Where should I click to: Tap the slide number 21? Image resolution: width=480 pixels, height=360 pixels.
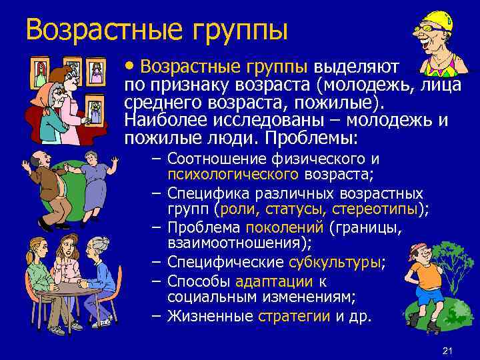[447, 351]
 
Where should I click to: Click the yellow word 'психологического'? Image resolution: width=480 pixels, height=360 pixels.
[232, 175]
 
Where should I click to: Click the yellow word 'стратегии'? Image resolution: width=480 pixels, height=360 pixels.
[291, 316]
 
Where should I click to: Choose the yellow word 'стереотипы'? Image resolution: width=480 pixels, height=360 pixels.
[373, 210]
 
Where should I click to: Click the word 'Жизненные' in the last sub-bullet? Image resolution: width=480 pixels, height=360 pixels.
[209, 316]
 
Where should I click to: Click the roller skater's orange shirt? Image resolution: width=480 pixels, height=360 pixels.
[423, 274]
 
